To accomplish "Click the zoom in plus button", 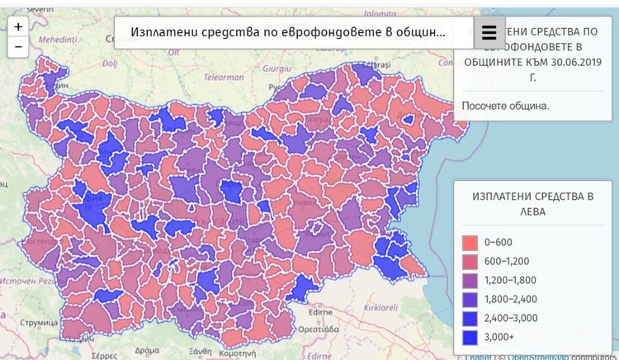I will (x=18, y=26).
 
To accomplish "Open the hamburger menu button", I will (x=489, y=32).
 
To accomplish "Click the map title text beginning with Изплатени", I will (x=289, y=33).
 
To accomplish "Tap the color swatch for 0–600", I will (x=470, y=242).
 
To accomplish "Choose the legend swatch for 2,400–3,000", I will (x=470, y=318).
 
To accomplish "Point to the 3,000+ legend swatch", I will (x=470, y=337).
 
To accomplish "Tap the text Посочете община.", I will (x=505, y=106).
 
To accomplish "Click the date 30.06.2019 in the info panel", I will (x=568, y=62).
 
